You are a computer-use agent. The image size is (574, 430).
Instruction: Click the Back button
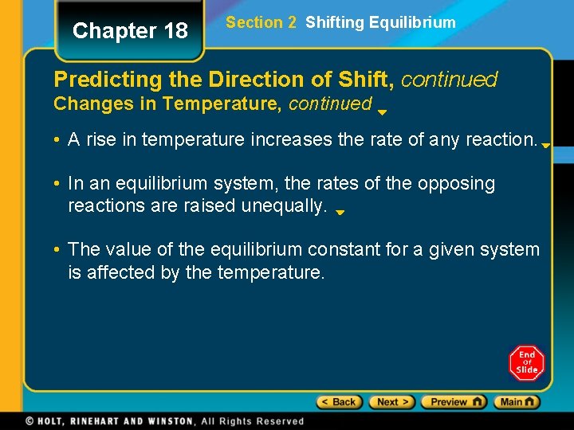[x=340, y=402]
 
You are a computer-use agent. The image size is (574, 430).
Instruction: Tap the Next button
[x=391, y=402]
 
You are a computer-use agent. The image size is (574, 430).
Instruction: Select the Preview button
[x=453, y=402]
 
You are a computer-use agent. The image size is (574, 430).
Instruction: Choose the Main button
[x=516, y=402]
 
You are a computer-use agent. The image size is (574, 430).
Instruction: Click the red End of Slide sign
[x=526, y=363]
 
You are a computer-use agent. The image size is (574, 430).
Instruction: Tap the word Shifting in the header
[x=334, y=22]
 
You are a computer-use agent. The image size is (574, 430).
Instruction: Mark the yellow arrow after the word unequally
[x=340, y=213]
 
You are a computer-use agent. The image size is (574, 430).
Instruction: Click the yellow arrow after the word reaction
[x=546, y=146]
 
